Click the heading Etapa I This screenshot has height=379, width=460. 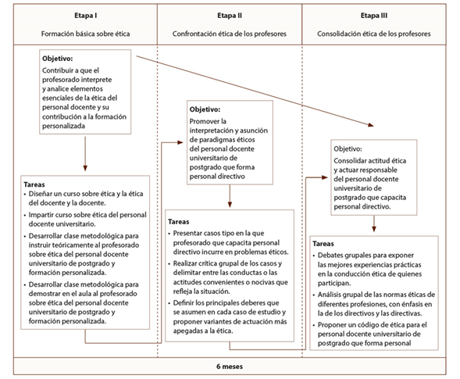coord(85,16)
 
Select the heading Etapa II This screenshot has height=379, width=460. coord(230,16)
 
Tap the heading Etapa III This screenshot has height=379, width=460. coord(374,16)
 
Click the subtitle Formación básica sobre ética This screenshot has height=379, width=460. coord(85,34)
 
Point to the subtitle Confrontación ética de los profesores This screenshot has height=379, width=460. coord(230,34)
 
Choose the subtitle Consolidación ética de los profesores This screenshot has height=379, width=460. coord(374,34)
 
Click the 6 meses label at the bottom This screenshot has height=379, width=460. coord(230,366)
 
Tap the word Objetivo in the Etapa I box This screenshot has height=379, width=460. coord(58,59)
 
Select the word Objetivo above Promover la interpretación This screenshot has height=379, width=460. coord(205,109)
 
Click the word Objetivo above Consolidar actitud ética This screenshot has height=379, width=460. coord(348,148)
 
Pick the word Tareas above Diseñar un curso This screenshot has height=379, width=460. coord(34,184)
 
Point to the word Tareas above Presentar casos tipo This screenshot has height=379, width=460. coord(179,222)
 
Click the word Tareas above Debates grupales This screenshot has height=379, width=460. coord(323,244)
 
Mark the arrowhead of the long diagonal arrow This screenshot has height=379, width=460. coord(371,125)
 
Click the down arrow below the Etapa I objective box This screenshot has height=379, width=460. coord(85,154)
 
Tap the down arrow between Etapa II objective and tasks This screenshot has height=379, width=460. coord(230,196)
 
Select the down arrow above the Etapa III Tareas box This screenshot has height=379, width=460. coord(374,224)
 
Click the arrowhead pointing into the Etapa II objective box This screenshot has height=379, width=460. coord(180,143)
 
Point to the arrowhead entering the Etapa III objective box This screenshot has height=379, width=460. coord(324,177)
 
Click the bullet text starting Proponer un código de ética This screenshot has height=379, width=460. coord(372,334)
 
